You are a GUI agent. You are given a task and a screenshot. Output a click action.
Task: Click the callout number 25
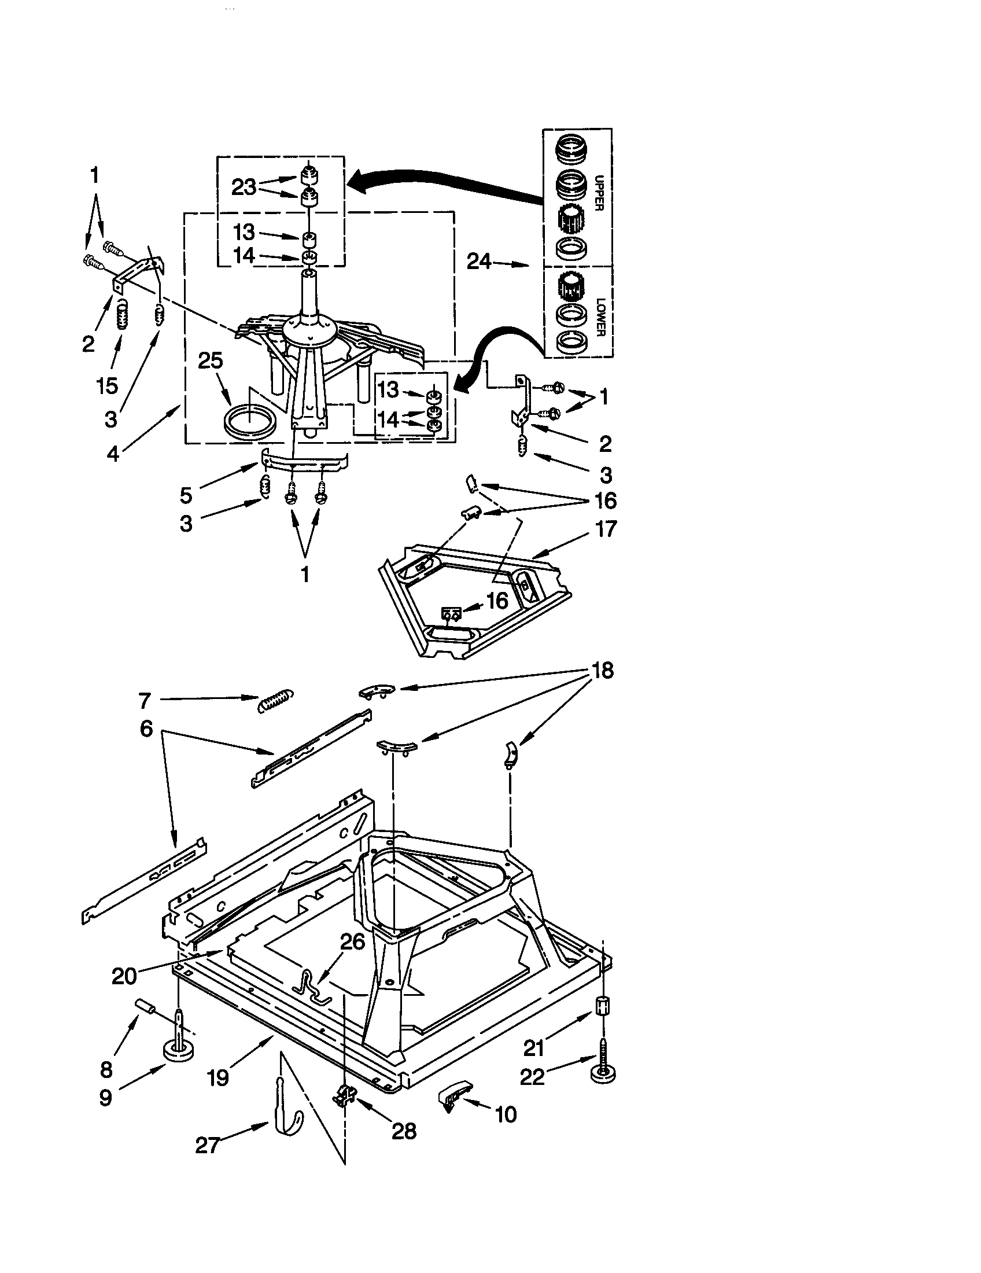[x=211, y=361]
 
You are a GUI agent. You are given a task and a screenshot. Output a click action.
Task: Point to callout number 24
[x=479, y=262]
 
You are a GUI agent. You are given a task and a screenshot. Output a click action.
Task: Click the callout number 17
[x=605, y=529]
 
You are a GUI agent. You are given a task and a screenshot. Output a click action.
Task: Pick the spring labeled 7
[x=275, y=701]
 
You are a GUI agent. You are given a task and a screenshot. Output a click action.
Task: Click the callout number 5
[x=186, y=495]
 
